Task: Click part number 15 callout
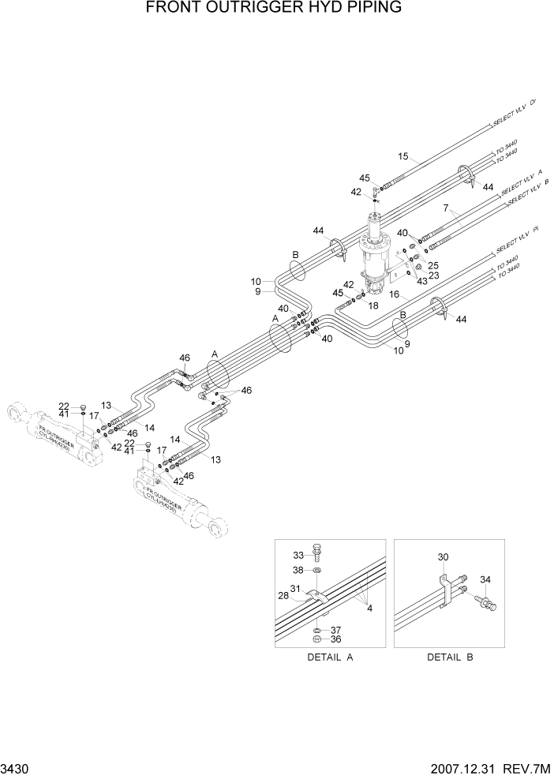pyautogui.click(x=404, y=157)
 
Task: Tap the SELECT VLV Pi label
pyautogui.click(x=516, y=239)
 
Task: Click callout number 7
pyautogui.click(x=446, y=208)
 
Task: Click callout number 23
pyautogui.click(x=433, y=275)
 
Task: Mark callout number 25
pyautogui.click(x=432, y=265)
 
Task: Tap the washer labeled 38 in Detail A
pyautogui.click(x=316, y=571)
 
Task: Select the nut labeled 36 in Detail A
pyautogui.click(x=316, y=638)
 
